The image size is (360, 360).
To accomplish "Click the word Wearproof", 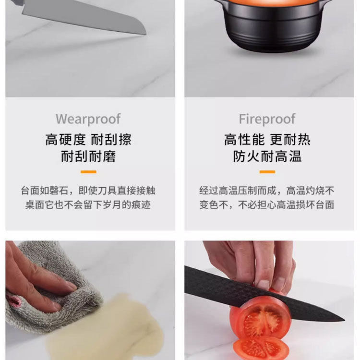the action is [88, 119].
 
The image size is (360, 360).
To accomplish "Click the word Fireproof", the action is [267, 119].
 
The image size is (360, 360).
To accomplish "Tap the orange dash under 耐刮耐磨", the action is [88, 172].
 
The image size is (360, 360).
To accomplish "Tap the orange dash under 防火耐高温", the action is [267, 172].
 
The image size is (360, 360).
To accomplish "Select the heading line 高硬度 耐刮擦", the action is [88, 140].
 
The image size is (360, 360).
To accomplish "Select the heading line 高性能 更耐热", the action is [267, 140].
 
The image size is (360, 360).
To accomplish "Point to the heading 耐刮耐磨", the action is [88, 156].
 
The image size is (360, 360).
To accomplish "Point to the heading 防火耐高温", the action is [267, 156].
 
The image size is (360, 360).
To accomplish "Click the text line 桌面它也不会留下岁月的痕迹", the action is [88, 204].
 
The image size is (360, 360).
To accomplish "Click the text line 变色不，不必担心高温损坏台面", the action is [267, 204].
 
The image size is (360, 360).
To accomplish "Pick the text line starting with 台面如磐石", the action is [88, 191].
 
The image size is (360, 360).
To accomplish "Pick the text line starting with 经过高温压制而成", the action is [267, 191].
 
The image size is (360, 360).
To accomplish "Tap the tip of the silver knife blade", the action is [146, 35].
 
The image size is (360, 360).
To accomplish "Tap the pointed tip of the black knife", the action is [344, 320].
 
